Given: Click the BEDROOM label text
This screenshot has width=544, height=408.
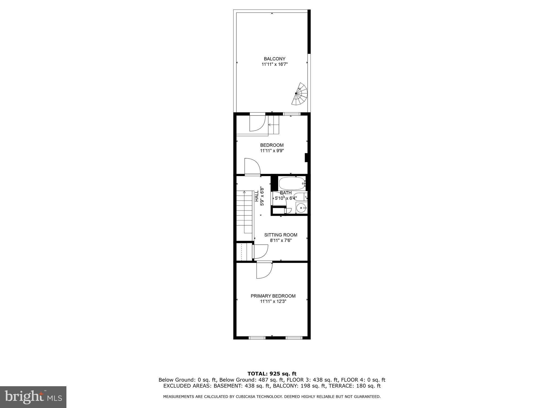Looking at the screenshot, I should [x=272, y=145].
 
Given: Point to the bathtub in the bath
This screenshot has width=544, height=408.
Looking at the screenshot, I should [x=291, y=183].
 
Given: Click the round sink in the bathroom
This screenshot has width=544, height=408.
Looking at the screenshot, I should [x=301, y=207].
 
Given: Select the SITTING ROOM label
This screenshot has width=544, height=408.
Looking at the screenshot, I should [x=280, y=235].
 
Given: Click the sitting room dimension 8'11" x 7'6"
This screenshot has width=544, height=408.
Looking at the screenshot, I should [x=280, y=240].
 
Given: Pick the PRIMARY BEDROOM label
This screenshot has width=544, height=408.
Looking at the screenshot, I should [x=273, y=296].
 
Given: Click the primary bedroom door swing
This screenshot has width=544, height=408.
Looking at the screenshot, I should [x=264, y=270].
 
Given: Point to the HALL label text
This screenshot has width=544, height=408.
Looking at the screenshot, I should [x=257, y=196].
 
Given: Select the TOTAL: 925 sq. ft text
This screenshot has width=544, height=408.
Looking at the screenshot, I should [x=272, y=374].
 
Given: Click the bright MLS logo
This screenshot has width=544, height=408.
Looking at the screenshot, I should [x=33, y=397].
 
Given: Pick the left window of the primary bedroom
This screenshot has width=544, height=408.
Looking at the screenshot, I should [x=257, y=338].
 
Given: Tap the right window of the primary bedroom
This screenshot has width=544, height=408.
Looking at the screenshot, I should [x=294, y=338].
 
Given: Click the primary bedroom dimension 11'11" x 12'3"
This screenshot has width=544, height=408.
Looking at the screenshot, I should [x=273, y=301].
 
